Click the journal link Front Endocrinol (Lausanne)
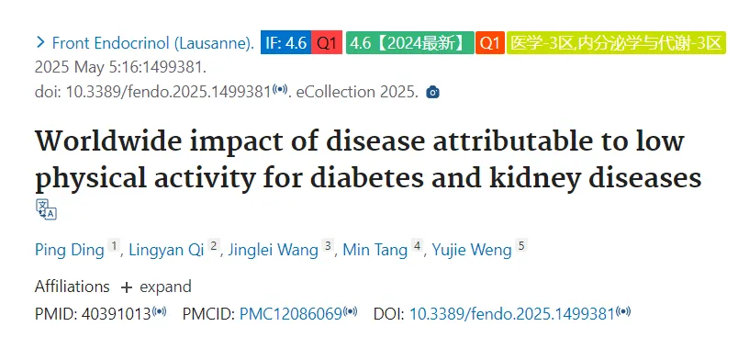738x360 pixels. pos(153,43)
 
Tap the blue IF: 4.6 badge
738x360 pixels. pos(286,43)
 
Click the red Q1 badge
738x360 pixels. pos(327,43)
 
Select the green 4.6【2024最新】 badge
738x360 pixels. pos(410,43)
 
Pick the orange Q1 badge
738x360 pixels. pos(490,43)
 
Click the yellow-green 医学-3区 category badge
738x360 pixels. pos(616,43)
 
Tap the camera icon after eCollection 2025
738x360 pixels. pos(432,92)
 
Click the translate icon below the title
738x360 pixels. pos(46,209)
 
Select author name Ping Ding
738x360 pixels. pos(69,250)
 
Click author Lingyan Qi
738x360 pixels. pos(166,250)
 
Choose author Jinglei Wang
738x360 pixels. pos(273,250)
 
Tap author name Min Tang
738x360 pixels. pos(375,250)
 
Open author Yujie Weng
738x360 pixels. pos(472,250)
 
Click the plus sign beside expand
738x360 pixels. pos(126,287)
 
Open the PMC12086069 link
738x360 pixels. pos(290,314)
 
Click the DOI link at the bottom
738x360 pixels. pos(512,314)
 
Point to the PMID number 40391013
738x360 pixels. pos(117,314)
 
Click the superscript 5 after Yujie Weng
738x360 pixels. pos(520,245)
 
